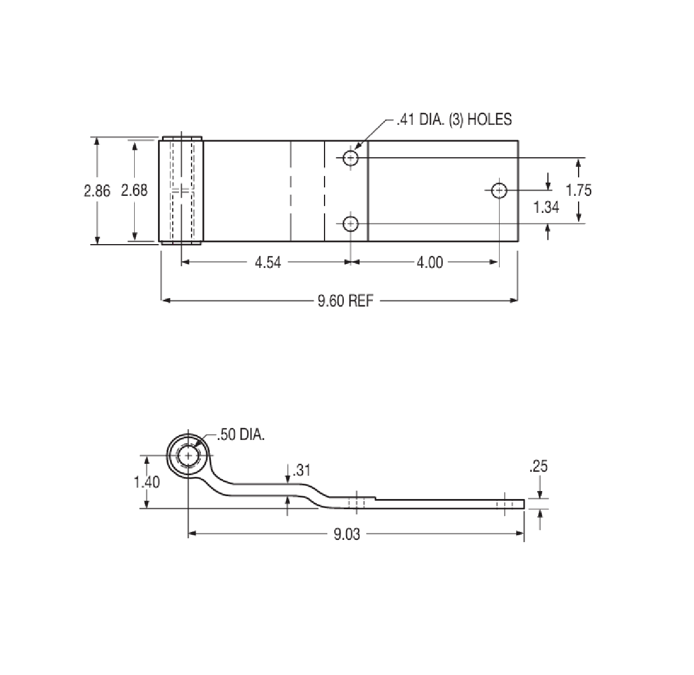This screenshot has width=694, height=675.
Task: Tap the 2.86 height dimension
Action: tap(97, 191)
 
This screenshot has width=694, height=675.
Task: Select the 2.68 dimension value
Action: tap(134, 191)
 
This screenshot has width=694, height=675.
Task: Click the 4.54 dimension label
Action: tap(268, 263)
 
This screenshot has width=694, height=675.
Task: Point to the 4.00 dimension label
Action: tap(429, 263)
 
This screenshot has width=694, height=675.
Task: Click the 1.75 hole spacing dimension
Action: tap(579, 190)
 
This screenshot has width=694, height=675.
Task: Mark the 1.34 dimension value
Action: tap(546, 208)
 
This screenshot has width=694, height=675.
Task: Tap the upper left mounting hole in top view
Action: tap(351, 158)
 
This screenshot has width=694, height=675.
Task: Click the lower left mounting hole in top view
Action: tap(351, 224)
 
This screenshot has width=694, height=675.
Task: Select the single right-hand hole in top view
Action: tap(499, 190)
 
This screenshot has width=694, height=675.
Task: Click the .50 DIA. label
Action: tap(241, 435)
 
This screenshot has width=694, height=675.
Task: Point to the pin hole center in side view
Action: tap(188, 456)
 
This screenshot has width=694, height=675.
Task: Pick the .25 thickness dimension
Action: tap(538, 467)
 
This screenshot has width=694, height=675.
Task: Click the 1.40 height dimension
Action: tap(147, 483)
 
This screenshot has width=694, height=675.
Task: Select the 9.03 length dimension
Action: tap(346, 534)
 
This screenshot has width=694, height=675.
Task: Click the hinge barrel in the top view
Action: tap(182, 191)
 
